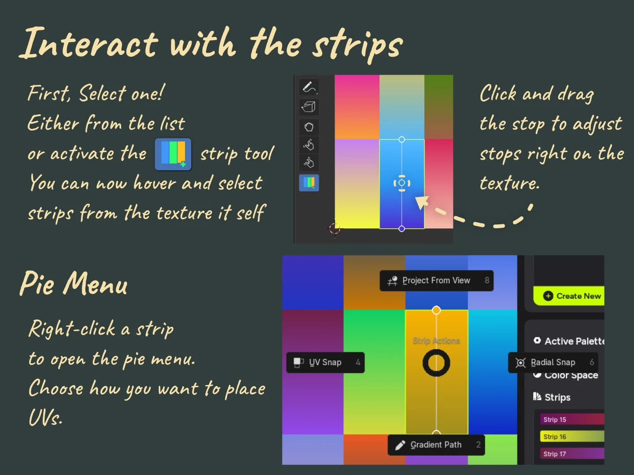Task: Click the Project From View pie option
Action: coord(436,281)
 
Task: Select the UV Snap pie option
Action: coord(325,362)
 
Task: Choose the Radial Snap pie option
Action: coord(553,362)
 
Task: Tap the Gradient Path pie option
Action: coord(436,445)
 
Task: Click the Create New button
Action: coord(572,296)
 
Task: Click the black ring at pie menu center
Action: coord(436,363)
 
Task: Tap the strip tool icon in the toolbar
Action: coord(309,183)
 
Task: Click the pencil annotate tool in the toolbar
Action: coord(309,87)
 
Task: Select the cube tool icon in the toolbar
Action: coord(309,106)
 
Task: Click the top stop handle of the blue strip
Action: coord(402,139)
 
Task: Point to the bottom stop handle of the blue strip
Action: coord(402,229)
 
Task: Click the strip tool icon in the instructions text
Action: coord(173,154)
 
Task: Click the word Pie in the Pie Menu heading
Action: coord(38,284)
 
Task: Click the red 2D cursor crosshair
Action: coord(335,228)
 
